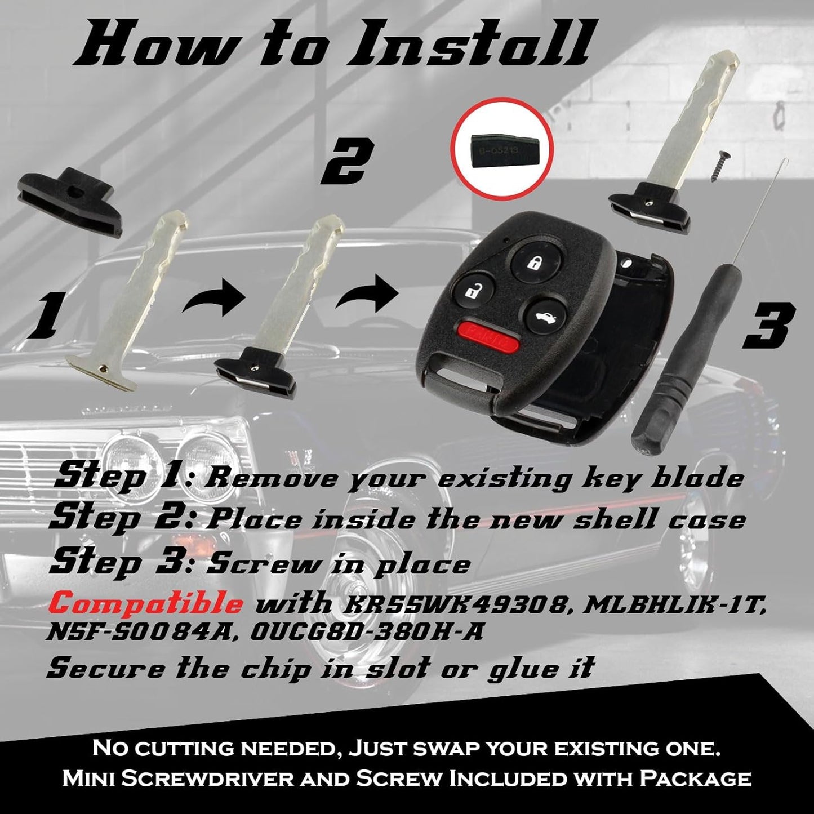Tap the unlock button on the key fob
coord(470,292)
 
